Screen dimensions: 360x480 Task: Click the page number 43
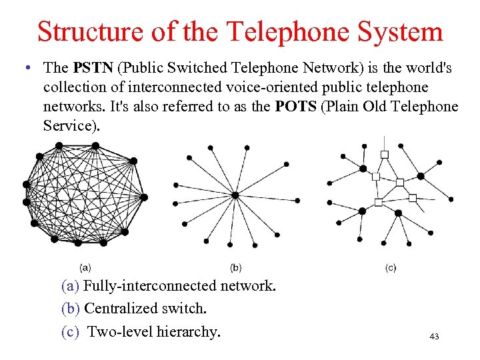(434, 337)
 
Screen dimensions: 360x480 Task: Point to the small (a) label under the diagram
(85, 267)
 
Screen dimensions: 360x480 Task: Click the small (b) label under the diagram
(235, 267)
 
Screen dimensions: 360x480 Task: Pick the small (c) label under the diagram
(391, 267)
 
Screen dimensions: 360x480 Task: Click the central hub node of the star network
(235, 195)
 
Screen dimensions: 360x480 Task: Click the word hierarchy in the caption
(190, 331)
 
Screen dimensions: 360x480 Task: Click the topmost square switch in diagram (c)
(385, 155)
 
